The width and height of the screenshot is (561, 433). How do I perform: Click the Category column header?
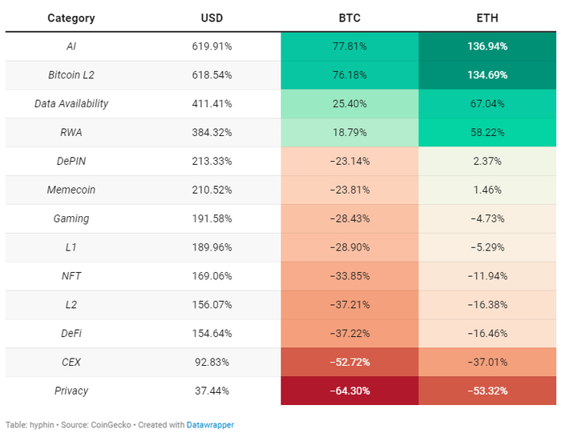71,18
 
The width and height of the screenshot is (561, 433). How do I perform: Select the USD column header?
212,18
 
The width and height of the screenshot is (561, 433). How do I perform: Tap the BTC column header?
349,18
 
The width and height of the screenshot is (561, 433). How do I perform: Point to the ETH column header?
486,18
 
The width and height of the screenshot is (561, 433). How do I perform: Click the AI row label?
71,46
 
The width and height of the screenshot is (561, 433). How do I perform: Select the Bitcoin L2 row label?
71,75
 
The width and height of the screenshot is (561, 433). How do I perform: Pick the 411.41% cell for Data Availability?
212,104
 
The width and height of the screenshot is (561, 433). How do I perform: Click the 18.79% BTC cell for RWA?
349,133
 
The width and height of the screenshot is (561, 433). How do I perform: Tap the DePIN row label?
71,162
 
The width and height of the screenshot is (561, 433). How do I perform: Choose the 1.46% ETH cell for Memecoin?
487,190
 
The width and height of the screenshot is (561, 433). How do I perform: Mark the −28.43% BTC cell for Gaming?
349,219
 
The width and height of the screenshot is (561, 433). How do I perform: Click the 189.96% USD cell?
212,247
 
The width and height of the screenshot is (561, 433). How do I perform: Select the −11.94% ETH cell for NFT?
487,276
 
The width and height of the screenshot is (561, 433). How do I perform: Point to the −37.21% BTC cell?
349,305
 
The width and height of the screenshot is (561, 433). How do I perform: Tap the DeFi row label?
71,334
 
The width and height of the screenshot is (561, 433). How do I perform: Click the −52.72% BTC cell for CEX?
349,363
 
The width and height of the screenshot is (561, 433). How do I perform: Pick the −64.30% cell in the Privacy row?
349,391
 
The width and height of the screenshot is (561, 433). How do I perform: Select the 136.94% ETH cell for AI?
487,46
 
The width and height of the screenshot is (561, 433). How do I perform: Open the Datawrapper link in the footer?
210,425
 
